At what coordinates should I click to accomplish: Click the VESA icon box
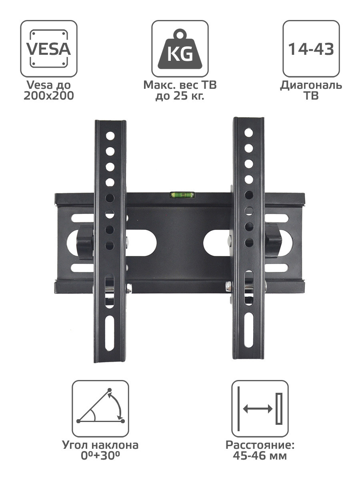(x=49, y=48)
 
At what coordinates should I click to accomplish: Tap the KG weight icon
(x=180, y=49)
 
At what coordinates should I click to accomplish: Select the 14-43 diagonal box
(x=311, y=48)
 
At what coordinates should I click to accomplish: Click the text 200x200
(x=49, y=96)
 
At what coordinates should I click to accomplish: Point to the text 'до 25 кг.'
(x=180, y=96)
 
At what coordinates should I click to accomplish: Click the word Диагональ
(x=311, y=85)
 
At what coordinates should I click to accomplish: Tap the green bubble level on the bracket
(x=183, y=194)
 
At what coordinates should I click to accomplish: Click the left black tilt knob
(x=85, y=242)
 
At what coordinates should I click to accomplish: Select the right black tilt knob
(x=273, y=240)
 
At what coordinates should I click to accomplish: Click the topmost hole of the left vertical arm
(x=110, y=136)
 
